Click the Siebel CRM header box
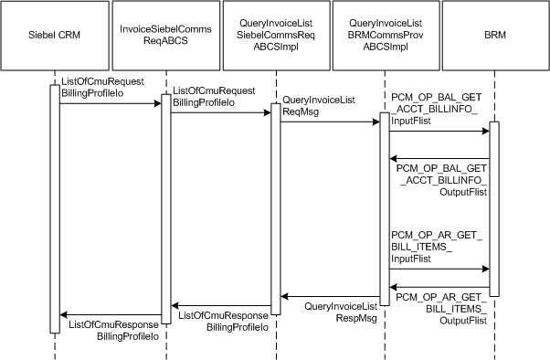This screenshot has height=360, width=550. (x=55, y=37)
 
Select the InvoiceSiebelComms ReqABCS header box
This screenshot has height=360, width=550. (x=165, y=37)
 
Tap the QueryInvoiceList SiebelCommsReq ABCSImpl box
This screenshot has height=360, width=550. (x=275, y=37)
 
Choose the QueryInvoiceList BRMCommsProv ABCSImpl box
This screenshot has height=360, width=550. (x=385, y=37)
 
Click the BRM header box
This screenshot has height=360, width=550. (x=494, y=37)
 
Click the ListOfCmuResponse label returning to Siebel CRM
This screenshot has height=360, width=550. (x=113, y=330)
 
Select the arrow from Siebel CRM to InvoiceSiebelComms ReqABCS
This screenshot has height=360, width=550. (x=110, y=103)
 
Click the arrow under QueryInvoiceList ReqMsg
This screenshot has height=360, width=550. (x=329, y=122)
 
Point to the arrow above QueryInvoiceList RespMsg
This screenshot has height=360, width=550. (x=329, y=296)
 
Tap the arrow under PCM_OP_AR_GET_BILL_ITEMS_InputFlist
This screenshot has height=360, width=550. (x=439, y=269)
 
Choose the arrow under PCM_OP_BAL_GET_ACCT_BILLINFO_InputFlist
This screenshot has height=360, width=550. (x=439, y=131)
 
